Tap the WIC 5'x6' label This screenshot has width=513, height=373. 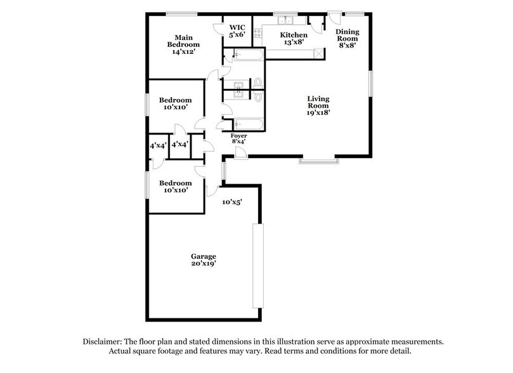pyautogui.click(x=237, y=32)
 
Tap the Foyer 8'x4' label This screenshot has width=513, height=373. pyautogui.click(x=239, y=140)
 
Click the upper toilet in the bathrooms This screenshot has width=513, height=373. pyautogui.click(x=257, y=83)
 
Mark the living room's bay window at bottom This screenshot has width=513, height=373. pyautogui.click(x=319, y=162)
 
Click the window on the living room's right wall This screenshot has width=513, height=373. pyautogui.click(x=372, y=84)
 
